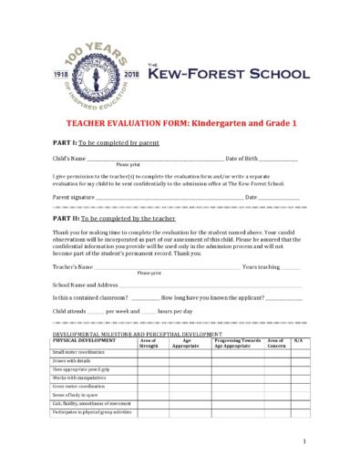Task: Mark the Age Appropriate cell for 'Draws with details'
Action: tap(186, 361)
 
